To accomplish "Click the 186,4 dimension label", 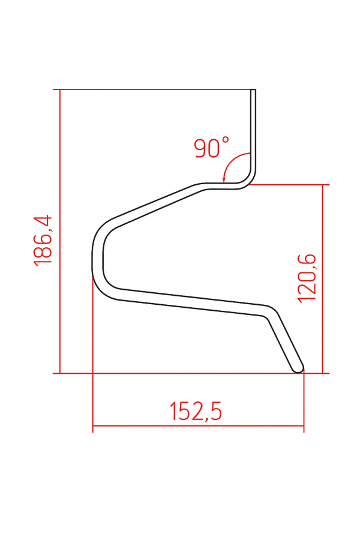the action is pos(43,241).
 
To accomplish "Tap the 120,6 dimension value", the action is pos(307,278).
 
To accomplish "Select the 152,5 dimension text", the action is pos(196,411).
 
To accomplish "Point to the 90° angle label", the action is pos(212,148).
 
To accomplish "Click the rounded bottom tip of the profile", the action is pos(299,368).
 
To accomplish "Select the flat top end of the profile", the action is pos(253,89).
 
